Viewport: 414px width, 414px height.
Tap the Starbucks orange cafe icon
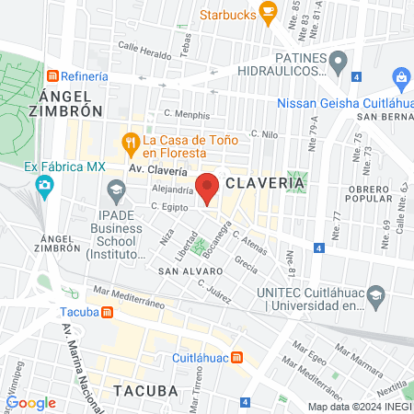[269, 12]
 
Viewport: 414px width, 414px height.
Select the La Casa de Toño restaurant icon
[131, 141]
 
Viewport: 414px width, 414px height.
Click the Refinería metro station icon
[54, 75]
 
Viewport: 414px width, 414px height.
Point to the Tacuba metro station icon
[109, 311]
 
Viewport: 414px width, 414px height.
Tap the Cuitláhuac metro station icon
[237, 357]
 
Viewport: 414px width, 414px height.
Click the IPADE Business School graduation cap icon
[116, 190]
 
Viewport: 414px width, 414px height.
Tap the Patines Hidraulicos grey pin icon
[339, 64]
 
